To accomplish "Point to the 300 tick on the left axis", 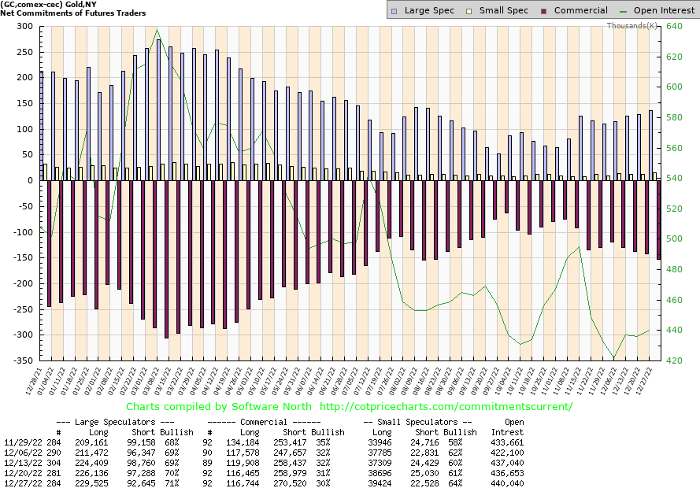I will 24,27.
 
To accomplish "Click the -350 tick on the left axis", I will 22,360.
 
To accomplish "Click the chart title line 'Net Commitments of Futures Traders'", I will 72,13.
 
